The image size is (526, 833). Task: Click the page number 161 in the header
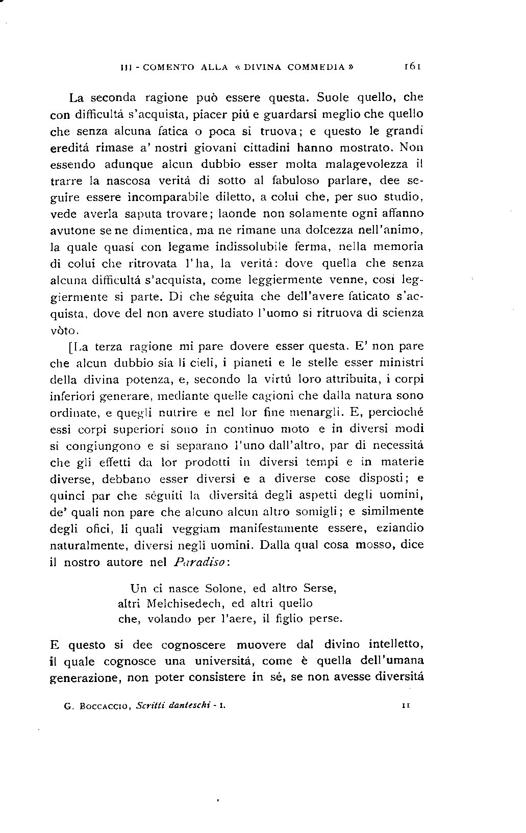411,66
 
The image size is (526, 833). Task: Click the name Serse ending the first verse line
320,588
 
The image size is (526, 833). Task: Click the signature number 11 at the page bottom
407,706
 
